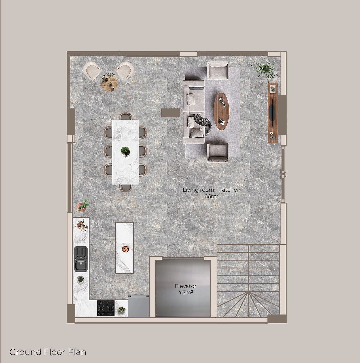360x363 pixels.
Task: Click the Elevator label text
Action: tap(186, 286)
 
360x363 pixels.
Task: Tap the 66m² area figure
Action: tap(211, 196)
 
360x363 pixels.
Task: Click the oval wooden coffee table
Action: tap(221, 111)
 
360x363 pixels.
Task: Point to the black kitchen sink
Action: tap(81, 259)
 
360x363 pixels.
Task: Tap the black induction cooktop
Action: tap(106, 308)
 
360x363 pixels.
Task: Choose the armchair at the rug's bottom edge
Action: tap(218, 153)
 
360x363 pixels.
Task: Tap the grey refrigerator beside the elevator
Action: tap(139, 306)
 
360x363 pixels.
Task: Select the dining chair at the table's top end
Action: tap(126, 116)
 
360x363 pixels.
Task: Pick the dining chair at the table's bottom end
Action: tap(126, 187)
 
